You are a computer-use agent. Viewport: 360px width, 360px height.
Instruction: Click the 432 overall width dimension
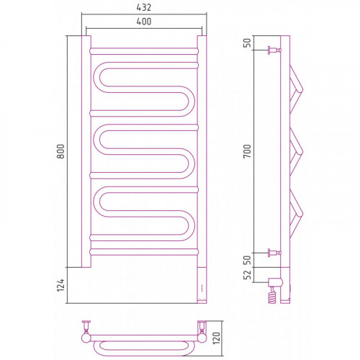pyautogui.click(x=144, y=7)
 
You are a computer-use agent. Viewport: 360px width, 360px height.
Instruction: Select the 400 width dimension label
pyautogui.click(x=144, y=22)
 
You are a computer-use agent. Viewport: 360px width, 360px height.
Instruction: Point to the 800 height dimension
pyautogui.click(x=60, y=151)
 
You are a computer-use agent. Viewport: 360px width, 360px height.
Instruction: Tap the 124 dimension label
pyautogui.click(x=60, y=285)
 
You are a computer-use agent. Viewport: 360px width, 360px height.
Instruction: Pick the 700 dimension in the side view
pyautogui.click(x=247, y=151)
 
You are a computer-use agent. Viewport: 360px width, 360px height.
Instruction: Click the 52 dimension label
pyautogui.click(x=247, y=275)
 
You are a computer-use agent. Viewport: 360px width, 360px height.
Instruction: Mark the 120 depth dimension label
pyautogui.click(x=216, y=338)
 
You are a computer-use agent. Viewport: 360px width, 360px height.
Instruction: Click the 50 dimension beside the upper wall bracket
pyautogui.click(x=247, y=43)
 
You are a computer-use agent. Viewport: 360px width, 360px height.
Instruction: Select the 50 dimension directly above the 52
pyautogui.click(x=247, y=260)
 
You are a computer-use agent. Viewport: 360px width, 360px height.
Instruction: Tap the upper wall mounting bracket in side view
pyautogui.click(x=274, y=50)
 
